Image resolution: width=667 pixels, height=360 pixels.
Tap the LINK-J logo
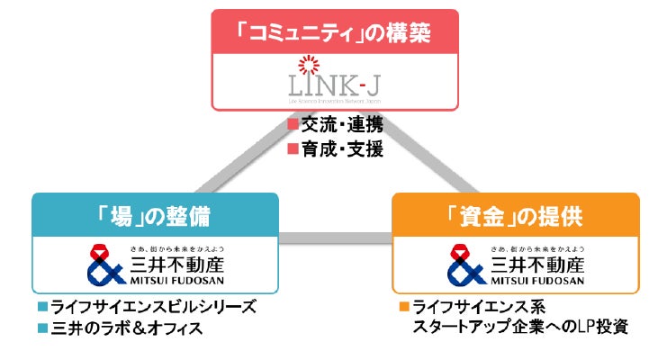pos(334,87)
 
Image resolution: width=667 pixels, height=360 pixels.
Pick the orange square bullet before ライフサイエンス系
pos(404,306)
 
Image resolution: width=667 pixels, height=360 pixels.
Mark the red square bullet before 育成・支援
pos(292,149)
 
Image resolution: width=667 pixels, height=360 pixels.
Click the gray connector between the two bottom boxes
pos(336,238)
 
